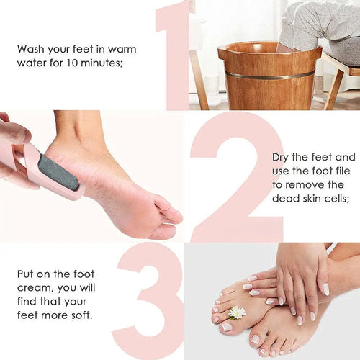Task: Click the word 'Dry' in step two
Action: (282, 157)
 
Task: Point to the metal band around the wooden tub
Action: (269, 75)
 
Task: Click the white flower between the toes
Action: (237, 312)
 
